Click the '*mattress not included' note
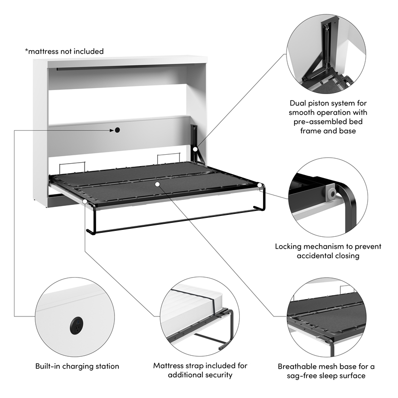click(64, 51)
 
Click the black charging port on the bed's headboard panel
click(117, 130)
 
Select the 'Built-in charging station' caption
click(77, 366)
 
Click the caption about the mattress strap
click(200, 370)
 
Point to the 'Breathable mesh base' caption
click(326, 371)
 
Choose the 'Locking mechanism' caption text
click(328, 251)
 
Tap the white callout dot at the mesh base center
click(157, 184)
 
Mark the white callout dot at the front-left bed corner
click(86, 202)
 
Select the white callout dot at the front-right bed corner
click(260, 186)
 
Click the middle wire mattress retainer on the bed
click(165, 158)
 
